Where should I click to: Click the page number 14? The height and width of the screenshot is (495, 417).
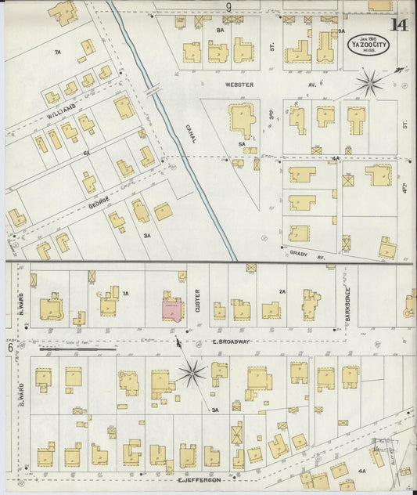[x=399, y=23]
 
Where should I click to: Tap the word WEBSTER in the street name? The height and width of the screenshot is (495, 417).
[x=239, y=84]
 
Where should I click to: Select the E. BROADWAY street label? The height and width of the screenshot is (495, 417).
[x=231, y=341]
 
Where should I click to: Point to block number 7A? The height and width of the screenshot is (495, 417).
[x=57, y=52]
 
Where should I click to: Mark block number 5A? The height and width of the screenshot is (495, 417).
[x=243, y=144]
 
